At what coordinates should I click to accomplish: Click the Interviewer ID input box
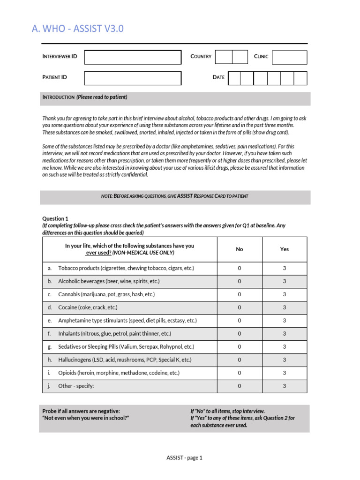pyautogui.click(x=133, y=57)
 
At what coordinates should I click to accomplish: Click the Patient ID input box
pyautogui.click(x=133, y=78)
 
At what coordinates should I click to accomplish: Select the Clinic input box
pyautogui.click(x=289, y=57)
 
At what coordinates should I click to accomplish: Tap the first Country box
pyautogui.click(x=224, y=57)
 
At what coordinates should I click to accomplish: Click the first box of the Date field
pyautogui.click(x=234, y=78)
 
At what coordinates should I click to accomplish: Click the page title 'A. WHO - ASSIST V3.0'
pyautogui.click(x=78, y=29)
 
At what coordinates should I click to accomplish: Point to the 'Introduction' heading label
pyautogui.click(x=59, y=97)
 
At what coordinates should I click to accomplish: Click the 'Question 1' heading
pyautogui.click(x=55, y=218)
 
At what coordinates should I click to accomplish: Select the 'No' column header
pyautogui.click(x=240, y=249)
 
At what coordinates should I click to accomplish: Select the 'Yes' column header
pyautogui.click(x=285, y=249)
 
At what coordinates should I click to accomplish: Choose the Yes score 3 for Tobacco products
pyautogui.click(x=285, y=268)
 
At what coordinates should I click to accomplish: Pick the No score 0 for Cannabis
pyautogui.click(x=240, y=294)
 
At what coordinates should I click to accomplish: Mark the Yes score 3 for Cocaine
pyautogui.click(x=285, y=307)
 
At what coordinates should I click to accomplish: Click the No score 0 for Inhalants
pyautogui.click(x=240, y=334)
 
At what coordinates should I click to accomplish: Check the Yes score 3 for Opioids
pyautogui.click(x=285, y=373)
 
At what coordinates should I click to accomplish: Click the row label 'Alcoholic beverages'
pyautogui.click(x=109, y=281)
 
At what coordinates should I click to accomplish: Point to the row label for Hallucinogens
pyautogui.click(x=125, y=360)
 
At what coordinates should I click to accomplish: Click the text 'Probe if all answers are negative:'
pyautogui.click(x=81, y=411)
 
